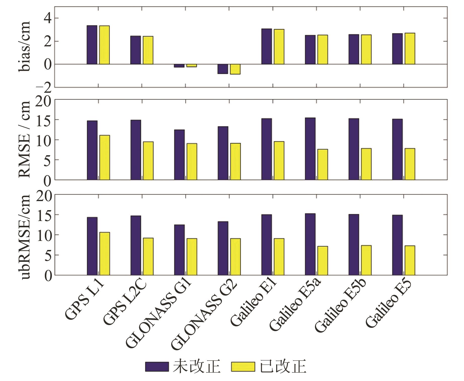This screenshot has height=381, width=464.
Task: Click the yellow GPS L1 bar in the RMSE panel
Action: tap(104, 157)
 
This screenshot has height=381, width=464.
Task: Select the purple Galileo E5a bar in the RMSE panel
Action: tap(310, 149)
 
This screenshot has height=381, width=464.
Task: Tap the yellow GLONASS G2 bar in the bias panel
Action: tap(235, 69)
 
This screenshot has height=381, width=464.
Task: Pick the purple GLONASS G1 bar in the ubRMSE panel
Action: tap(179, 250)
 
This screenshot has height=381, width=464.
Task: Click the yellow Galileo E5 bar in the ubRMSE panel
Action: tap(410, 260)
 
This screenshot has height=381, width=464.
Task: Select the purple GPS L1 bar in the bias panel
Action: tap(92, 45)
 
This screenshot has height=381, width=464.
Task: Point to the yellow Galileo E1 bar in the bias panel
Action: tap(279, 47)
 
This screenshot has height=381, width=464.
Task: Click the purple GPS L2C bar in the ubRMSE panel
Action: tap(136, 245)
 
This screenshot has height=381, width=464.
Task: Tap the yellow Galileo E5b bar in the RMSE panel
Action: tap(366, 164)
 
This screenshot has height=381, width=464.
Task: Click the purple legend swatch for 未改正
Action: tap(157, 367)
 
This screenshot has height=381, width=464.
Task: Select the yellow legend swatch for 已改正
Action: tap(243, 367)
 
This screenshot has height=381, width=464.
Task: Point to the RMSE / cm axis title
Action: tap(24, 139)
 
